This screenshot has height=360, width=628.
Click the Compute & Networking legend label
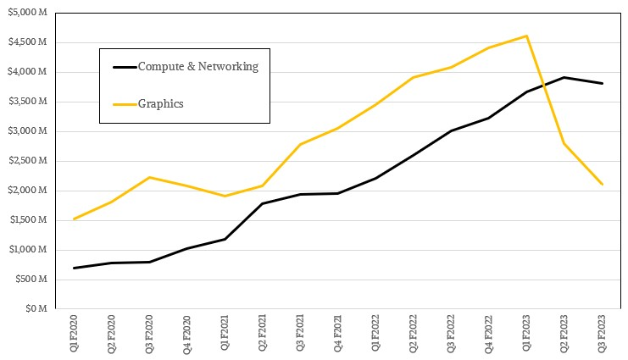197,66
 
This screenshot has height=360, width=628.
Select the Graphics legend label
161,104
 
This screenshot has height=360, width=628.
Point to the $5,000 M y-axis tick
28,13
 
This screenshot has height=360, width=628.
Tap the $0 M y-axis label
36,308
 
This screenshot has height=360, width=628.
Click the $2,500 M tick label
28,161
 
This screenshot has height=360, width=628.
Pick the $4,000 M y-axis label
28,72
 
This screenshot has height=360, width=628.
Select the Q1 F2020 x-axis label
74,333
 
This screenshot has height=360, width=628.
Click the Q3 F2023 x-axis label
602,333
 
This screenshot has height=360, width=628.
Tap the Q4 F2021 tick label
338,333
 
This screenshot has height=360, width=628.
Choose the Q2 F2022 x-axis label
414,333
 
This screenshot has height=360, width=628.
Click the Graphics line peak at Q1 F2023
526,36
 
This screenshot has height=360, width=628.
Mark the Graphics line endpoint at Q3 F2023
602,184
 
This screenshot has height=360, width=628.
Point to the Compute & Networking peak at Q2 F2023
564,77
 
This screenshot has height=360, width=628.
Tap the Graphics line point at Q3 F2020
149,177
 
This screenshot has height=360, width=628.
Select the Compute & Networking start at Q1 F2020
74,268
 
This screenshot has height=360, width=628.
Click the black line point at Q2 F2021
263,203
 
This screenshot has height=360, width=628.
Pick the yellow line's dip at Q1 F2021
225,196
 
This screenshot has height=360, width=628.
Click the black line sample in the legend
125,67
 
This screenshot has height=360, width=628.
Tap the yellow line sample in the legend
125,104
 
